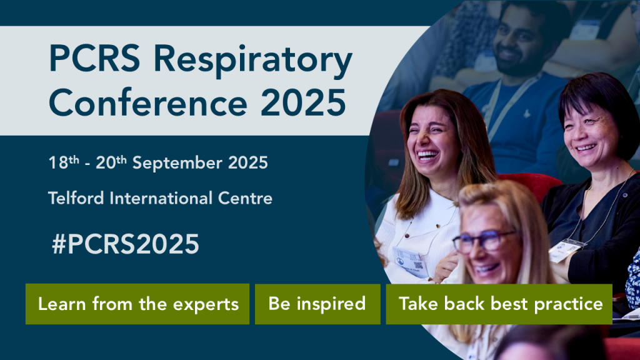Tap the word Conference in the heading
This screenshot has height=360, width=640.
(x=148, y=102)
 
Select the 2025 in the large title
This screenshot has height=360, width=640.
(x=303, y=102)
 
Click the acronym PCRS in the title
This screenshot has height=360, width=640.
(x=95, y=58)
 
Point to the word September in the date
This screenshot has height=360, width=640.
(x=177, y=164)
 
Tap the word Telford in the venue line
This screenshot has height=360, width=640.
(x=76, y=198)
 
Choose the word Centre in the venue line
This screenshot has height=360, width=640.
(x=245, y=199)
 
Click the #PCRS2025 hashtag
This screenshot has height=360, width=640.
(x=125, y=244)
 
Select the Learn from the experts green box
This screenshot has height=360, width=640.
(x=137, y=304)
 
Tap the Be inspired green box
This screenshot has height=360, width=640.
(x=317, y=304)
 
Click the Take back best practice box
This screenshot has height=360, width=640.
(x=499, y=304)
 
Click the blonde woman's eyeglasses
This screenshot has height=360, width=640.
(x=484, y=241)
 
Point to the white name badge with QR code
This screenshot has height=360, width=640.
(x=410, y=261)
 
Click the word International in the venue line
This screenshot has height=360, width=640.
(x=161, y=198)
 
